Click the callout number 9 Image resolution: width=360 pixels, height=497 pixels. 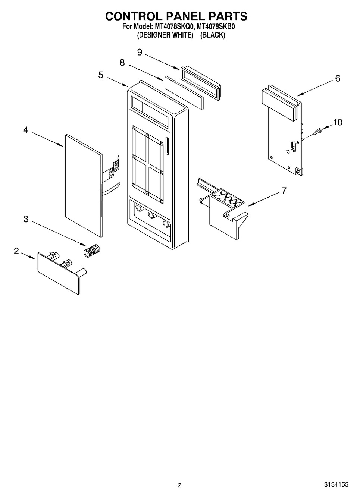click(x=140, y=52)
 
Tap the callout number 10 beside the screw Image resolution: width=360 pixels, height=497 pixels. click(x=338, y=122)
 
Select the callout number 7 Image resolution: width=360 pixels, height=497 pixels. click(x=284, y=191)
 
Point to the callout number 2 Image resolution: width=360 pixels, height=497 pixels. click(x=16, y=251)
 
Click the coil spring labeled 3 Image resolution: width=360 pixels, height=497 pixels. click(x=92, y=251)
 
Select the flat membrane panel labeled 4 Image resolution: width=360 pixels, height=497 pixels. click(x=84, y=186)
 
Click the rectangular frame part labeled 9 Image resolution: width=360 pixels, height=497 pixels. click(x=201, y=84)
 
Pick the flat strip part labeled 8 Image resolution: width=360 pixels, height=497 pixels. click(x=184, y=93)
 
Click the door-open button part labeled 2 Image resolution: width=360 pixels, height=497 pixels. click(x=62, y=273)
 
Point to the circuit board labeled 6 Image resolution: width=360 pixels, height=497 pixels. click(x=282, y=130)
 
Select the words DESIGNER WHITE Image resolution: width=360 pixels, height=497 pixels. click(x=165, y=35)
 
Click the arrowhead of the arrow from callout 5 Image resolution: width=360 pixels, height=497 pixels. click(x=126, y=85)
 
